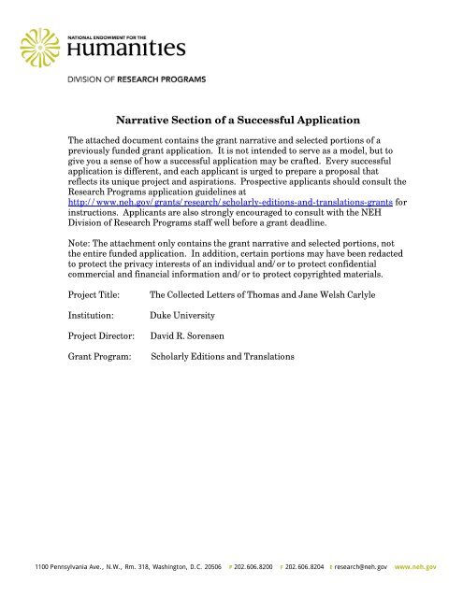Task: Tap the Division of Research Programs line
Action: (x=125, y=79)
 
